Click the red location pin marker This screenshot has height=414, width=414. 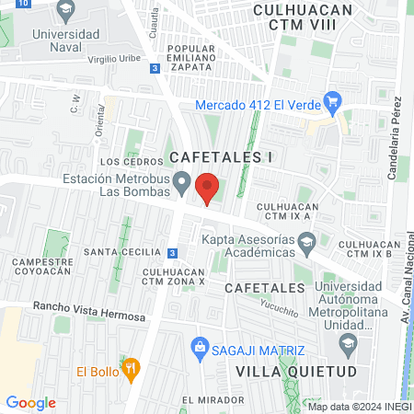click(208, 189)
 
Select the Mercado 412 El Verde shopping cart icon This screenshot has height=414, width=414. click(333, 103)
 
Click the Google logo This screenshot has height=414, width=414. click(30, 403)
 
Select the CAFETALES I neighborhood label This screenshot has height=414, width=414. click(221, 157)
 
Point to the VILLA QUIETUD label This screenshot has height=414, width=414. click(282, 370)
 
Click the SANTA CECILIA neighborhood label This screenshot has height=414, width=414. click(118, 251)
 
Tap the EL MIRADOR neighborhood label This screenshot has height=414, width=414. click(213, 400)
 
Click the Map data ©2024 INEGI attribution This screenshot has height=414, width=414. click(359, 407)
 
